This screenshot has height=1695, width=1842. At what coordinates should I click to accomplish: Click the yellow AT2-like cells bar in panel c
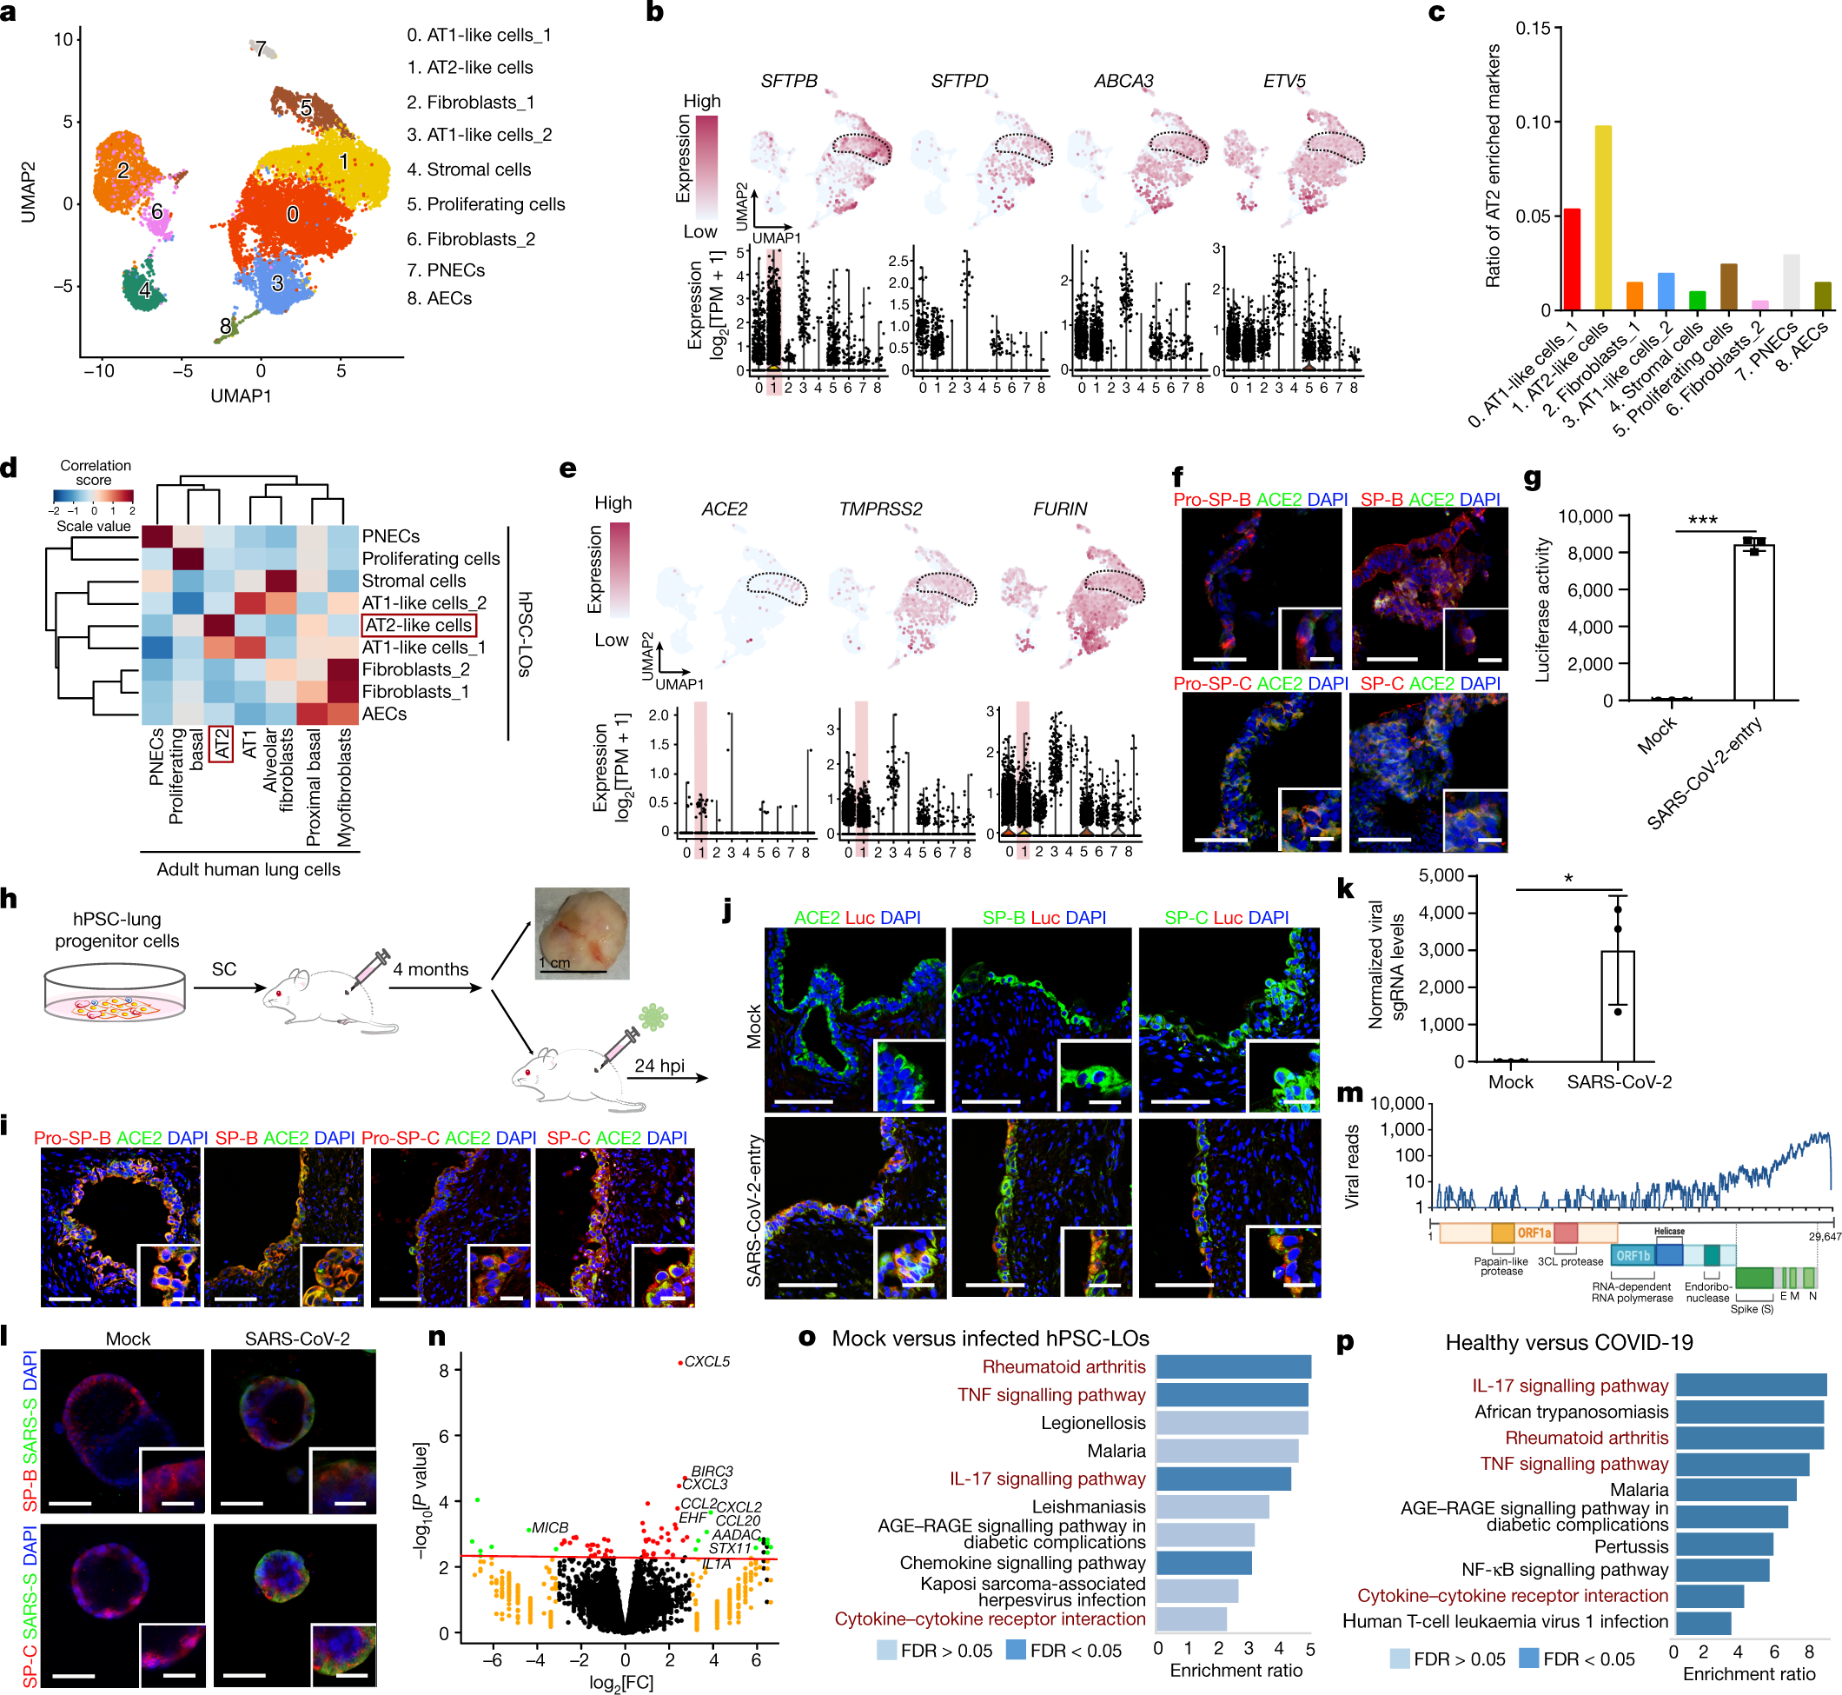[x=1603, y=217]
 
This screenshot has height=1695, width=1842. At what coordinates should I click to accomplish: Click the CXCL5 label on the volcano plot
[x=707, y=1361]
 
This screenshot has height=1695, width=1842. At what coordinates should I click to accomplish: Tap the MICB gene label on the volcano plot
[x=550, y=1528]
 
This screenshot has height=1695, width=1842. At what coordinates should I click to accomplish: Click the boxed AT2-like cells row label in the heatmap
[x=419, y=626]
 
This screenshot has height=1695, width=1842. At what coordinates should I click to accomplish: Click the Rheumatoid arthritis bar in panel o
[x=1232, y=1366]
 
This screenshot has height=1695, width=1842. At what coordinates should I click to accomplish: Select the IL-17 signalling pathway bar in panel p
[x=1750, y=1386]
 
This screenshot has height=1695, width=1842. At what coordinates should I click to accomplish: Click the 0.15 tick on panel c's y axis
[x=1532, y=29]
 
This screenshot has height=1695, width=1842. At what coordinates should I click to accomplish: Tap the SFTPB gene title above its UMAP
[x=789, y=81]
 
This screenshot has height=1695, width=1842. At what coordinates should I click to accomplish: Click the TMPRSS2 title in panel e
[x=880, y=509]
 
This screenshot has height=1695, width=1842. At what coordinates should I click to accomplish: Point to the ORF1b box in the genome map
[x=1633, y=1256]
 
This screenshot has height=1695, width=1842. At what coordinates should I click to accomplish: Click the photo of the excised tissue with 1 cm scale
[x=581, y=932]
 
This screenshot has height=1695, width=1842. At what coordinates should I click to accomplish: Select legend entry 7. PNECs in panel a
[x=446, y=270]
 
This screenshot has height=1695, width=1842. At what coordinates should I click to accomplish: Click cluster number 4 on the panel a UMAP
[x=144, y=289]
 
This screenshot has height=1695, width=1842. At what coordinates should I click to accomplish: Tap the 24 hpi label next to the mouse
[x=659, y=1066]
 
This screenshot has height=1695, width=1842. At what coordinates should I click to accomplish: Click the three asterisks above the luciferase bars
[x=1703, y=521]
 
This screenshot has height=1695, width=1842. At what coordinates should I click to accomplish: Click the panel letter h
[x=10, y=900]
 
